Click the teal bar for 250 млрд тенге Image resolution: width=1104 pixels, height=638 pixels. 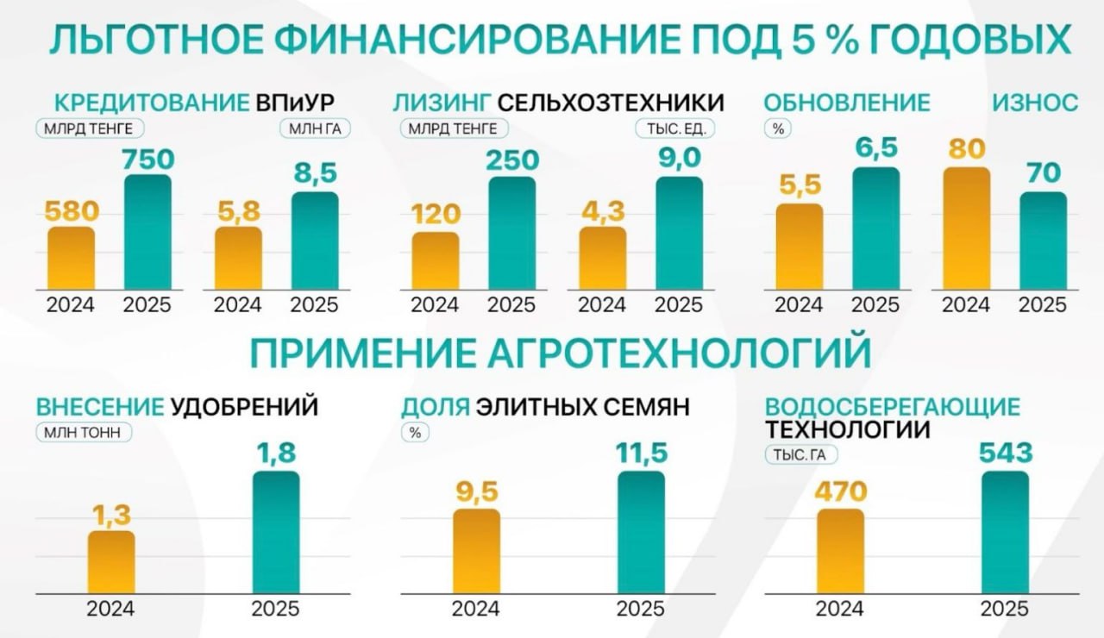click(511, 232)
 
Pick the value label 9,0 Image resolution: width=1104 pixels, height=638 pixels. click(679, 159)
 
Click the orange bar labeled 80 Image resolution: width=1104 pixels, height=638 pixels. click(966, 228)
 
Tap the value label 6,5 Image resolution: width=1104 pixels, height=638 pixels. click(875, 148)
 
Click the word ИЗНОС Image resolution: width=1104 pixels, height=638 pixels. click(1034, 103)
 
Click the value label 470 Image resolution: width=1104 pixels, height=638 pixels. click(840, 491)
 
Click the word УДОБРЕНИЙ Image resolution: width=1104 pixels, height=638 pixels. click(244, 406)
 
